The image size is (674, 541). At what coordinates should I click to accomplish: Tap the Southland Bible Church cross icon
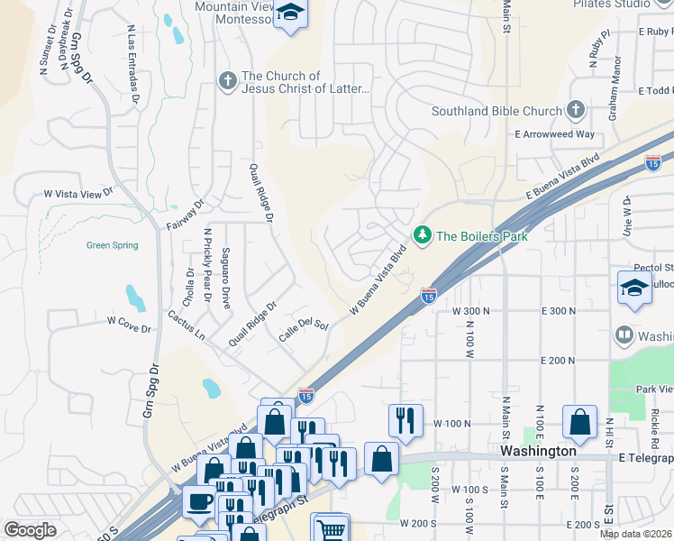pos(576,111)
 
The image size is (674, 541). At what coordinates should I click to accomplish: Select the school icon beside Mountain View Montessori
pos(290,14)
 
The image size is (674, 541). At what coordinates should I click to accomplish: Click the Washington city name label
pos(539,451)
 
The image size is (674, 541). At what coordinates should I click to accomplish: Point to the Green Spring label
pos(113,245)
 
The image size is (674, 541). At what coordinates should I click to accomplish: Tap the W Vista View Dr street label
pos(79,193)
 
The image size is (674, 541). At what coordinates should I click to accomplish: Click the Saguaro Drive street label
pos(225,279)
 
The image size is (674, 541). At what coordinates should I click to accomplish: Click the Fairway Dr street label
pos(186,216)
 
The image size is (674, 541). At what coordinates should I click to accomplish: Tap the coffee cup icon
pos(198,500)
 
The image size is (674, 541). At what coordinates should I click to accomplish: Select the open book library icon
pos(623,336)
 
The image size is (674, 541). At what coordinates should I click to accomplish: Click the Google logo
pos(30,530)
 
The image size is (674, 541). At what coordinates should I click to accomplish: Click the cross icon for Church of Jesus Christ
pos(226,82)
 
